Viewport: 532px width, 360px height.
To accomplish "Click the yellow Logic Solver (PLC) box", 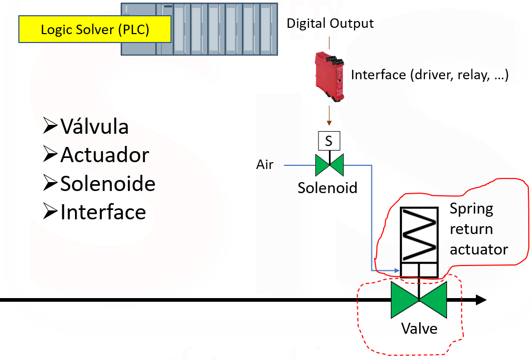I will [x=95, y=29].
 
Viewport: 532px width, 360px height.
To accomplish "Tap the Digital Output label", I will [x=330, y=23].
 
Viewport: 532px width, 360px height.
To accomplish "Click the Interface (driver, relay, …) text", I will [x=430, y=75].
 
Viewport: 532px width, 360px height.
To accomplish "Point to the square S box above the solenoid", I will [x=329, y=141].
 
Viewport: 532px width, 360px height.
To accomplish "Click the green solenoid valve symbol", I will [x=329, y=165].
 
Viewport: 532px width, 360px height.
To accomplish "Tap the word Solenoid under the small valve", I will [x=327, y=187].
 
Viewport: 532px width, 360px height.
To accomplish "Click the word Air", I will [x=264, y=165].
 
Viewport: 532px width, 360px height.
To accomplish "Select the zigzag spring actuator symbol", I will [x=419, y=235].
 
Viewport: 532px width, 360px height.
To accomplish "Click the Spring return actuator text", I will [x=478, y=229].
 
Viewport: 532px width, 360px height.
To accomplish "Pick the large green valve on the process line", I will [x=419, y=300].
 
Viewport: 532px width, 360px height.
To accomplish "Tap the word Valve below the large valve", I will [x=419, y=329].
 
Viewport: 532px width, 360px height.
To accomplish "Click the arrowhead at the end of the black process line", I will [x=481, y=300].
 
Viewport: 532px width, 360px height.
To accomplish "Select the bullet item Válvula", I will [x=94, y=126].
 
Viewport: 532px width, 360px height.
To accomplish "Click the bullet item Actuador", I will [x=104, y=155].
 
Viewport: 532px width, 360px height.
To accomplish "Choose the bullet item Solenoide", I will [x=107, y=183].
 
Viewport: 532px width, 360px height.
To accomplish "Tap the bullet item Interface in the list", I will [x=102, y=211].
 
